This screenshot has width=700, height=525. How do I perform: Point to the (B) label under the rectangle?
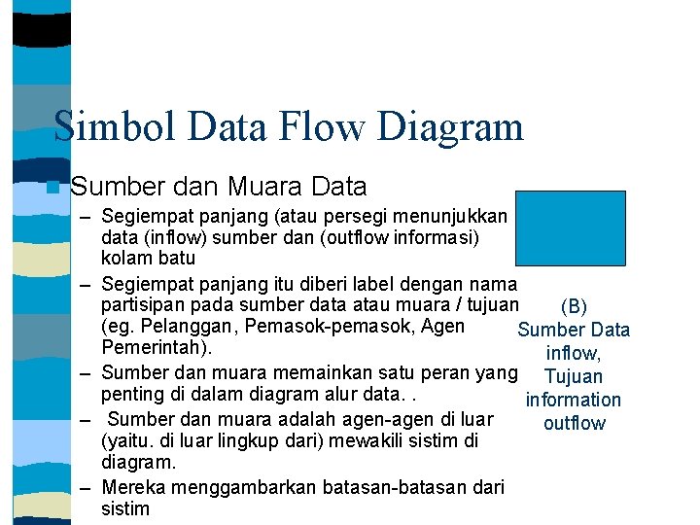coord(575,307)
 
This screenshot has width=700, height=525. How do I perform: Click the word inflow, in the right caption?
coord(574,354)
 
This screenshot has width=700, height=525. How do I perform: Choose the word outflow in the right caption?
coord(575,424)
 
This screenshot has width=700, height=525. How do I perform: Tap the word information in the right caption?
coord(573,401)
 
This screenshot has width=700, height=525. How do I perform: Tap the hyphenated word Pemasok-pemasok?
coord(313,327)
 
